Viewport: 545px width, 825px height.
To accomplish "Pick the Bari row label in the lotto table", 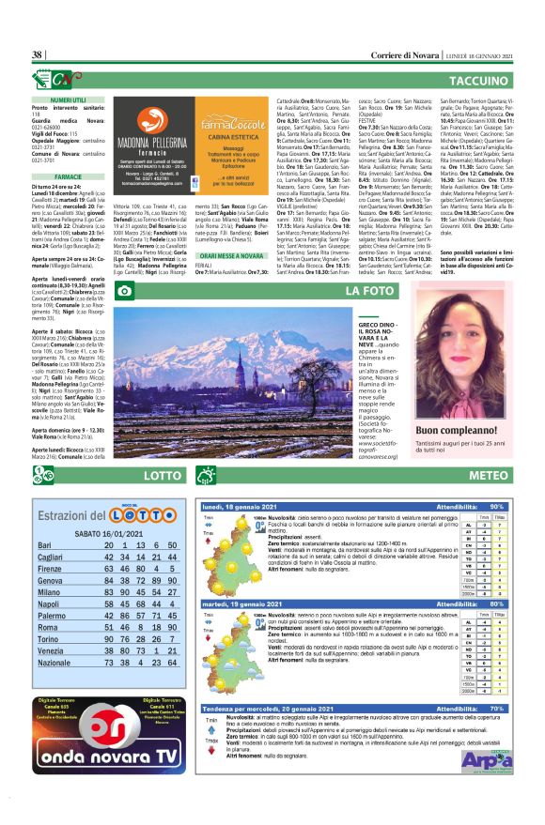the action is [x=44, y=545].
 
